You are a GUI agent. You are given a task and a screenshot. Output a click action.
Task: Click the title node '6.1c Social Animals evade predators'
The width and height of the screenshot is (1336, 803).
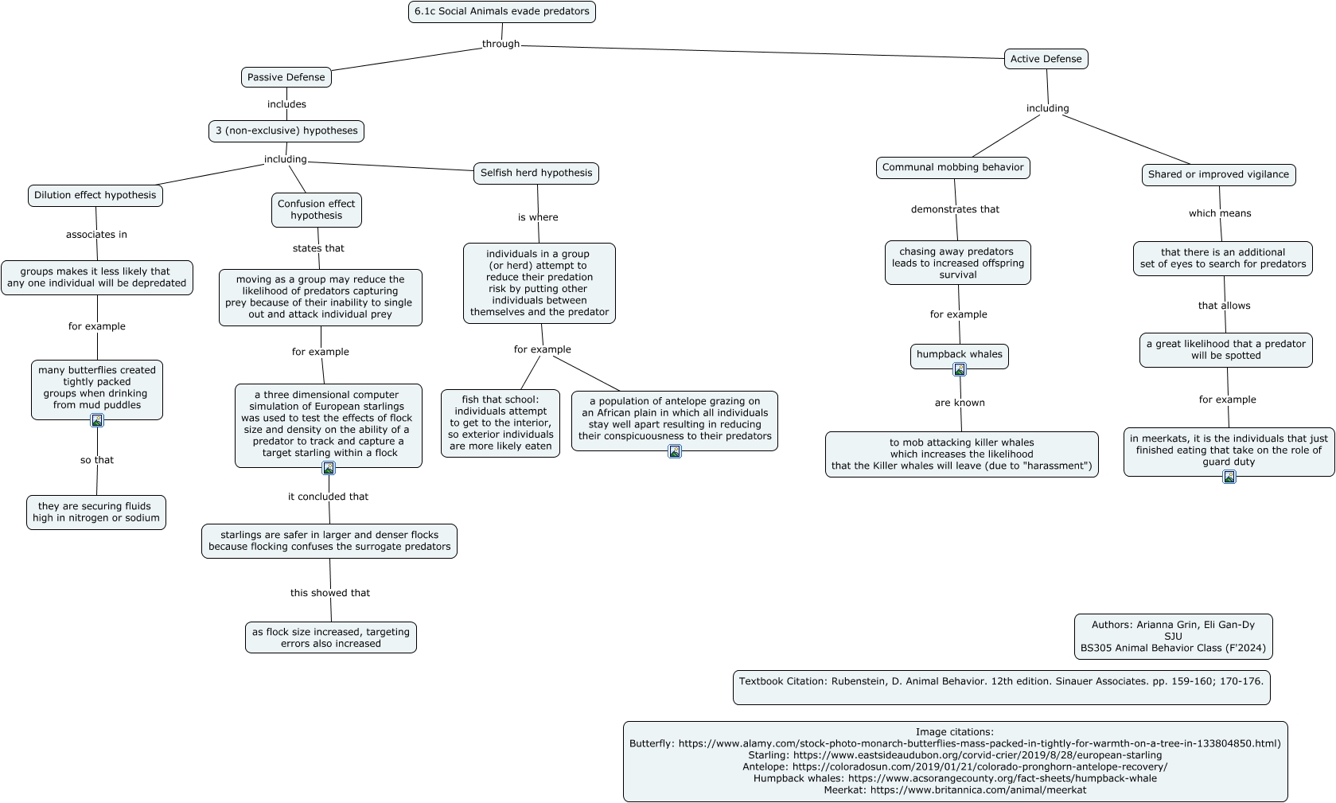501,11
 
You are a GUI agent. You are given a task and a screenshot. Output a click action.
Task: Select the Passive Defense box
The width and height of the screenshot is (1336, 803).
286,77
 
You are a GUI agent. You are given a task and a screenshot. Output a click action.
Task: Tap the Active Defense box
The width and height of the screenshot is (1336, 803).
1046,58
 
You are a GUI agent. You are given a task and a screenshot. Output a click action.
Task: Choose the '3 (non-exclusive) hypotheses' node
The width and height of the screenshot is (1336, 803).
286,131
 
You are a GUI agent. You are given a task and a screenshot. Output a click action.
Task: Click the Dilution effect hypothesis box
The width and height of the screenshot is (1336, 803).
95,195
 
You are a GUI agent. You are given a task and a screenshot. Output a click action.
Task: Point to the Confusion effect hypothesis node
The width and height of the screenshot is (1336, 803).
316,209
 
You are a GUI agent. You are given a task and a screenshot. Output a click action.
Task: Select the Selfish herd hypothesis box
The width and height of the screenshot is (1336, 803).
536,173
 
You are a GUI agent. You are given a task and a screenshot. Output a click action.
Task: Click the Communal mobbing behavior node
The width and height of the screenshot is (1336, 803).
953,168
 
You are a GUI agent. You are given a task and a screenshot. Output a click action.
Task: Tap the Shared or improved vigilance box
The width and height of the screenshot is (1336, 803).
1218,175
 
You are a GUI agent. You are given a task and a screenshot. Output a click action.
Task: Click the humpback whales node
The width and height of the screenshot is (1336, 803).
959,355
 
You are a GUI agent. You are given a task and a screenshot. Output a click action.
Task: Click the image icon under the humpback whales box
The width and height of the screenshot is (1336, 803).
960,370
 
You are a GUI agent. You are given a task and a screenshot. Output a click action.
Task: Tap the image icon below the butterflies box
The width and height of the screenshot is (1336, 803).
96,420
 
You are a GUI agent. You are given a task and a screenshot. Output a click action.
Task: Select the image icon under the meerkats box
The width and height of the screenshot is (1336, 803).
1229,477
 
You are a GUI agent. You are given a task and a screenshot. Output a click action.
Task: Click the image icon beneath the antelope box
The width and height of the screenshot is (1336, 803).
675,451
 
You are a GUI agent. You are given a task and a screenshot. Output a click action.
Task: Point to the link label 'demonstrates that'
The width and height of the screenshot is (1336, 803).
955,209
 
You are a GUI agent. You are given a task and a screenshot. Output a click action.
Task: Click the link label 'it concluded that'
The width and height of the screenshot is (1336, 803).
328,497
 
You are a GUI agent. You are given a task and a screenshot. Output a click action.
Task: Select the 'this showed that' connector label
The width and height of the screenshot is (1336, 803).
330,592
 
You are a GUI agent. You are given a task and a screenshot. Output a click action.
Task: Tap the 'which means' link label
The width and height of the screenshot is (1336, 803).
1220,213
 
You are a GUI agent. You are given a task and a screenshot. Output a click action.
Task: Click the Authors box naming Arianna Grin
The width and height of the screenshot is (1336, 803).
1173,637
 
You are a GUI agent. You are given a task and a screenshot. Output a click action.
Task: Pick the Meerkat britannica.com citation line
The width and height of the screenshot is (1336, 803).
955,790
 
